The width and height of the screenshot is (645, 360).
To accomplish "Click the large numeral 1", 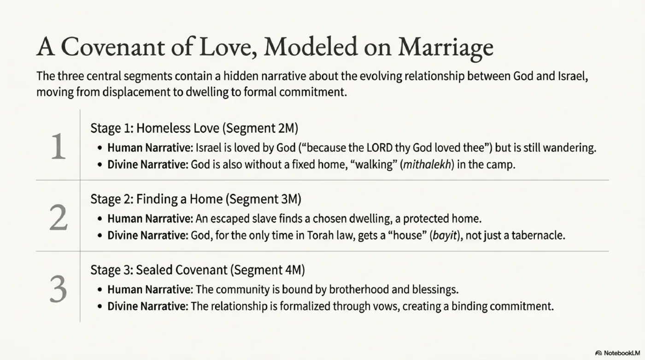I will click(x=58, y=147).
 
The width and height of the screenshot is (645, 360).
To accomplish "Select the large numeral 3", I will click(x=58, y=289).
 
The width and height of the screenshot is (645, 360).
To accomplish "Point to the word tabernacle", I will click(x=538, y=236).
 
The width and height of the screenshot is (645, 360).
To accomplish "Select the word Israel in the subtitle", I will click(x=573, y=76).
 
